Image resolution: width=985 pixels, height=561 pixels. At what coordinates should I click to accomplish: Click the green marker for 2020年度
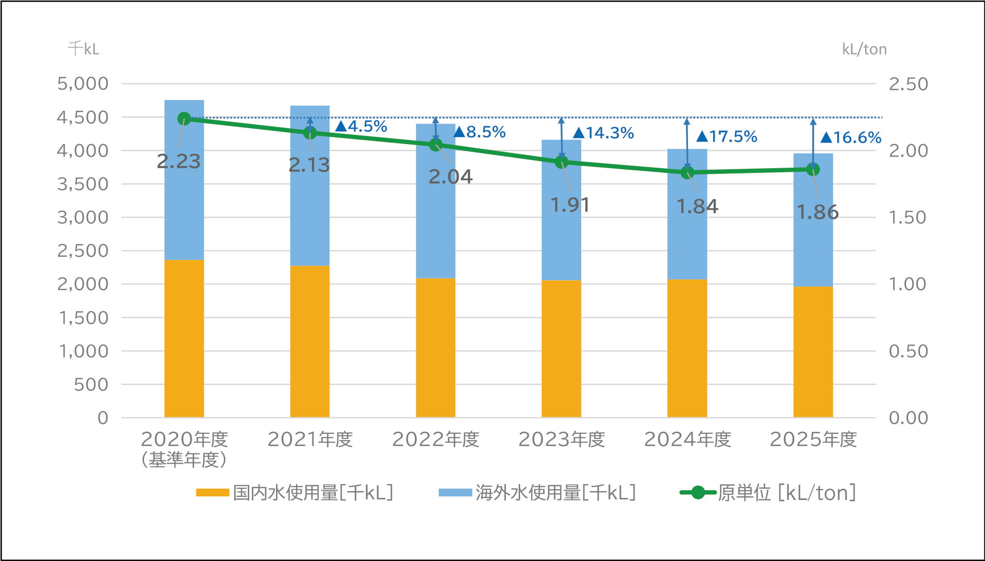tap(184, 119)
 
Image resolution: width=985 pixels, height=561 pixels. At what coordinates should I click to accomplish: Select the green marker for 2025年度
tap(813, 169)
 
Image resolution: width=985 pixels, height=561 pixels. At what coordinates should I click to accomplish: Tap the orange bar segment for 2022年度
tap(436, 348)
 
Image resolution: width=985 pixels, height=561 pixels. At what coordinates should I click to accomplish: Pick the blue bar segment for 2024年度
tap(687, 214)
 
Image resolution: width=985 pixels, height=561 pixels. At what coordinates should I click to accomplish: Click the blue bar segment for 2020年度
tap(184, 180)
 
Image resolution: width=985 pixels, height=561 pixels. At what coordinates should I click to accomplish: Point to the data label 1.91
tap(570, 205)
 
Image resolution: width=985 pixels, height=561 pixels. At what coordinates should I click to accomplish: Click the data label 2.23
tap(179, 162)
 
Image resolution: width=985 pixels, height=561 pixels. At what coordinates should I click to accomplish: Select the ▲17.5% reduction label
tap(727, 136)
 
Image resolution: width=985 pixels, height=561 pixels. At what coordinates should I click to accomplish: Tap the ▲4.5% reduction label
tap(361, 126)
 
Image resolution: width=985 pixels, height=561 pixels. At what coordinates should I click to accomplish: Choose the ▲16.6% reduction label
tap(851, 137)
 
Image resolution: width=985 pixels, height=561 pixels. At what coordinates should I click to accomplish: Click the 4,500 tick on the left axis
tap(83, 117)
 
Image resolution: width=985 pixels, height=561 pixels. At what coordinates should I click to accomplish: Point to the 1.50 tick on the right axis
tap(909, 217)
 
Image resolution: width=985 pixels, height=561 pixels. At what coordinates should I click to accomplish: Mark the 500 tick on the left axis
tap(91, 385)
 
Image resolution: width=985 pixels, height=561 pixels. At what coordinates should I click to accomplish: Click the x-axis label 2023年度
tap(562, 439)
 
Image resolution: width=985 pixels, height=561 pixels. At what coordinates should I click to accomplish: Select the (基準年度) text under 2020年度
tap(184, 459)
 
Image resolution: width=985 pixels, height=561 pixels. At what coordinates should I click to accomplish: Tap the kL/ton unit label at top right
tap(864, 49)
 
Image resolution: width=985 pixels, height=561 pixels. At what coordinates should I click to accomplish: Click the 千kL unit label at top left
tap(84, 49)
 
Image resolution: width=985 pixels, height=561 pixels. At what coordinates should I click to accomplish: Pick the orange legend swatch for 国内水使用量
tap(212, 493)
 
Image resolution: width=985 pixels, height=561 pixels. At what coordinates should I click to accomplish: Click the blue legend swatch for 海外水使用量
tap(455, 493)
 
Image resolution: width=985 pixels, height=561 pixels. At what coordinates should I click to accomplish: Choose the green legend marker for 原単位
tap(698, 493)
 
